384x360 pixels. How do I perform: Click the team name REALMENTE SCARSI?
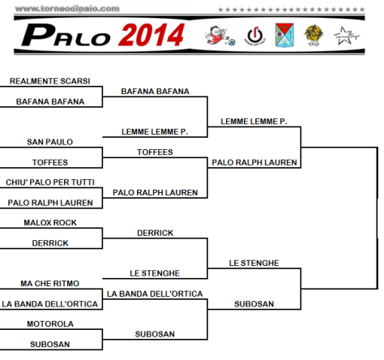point(50,81)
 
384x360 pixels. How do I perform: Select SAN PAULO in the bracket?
point(50,142)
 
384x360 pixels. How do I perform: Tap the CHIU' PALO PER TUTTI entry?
point(50,182)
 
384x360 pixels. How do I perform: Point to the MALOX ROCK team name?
point(50,222)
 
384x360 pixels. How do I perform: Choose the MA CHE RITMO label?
point(50,283)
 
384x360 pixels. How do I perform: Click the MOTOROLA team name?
point(50,324)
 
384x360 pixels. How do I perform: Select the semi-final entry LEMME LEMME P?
point(254,122)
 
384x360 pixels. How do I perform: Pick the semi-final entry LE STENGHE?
point(254,263)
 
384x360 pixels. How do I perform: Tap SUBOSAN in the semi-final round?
point(254,304)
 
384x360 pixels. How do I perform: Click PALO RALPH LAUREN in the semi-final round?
point(254,162)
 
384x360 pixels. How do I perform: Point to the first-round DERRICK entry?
point(50,243)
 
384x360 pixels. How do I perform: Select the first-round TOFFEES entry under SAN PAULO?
point(50,162)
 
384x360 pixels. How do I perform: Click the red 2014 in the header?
point(151,35)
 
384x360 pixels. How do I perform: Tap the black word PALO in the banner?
point(66,35)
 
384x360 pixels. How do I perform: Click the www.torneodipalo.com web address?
point(67,9)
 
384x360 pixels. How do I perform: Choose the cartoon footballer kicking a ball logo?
point(220,36)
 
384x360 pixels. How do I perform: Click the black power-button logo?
point(255,36)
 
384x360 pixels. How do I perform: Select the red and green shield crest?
point(284,35)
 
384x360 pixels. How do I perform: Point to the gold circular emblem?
point(314,36)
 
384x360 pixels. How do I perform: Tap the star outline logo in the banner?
point(346,36)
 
